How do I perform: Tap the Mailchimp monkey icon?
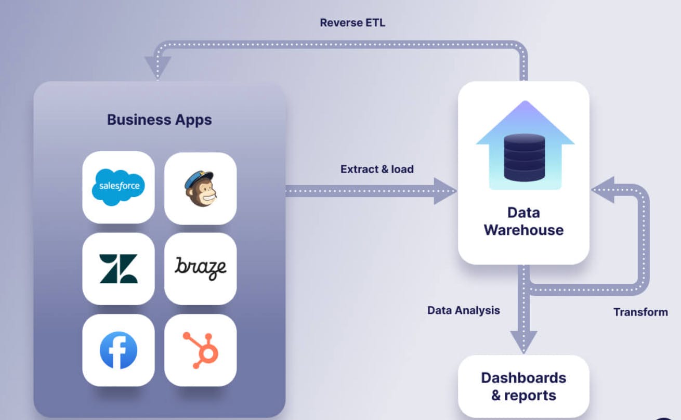[201, 188]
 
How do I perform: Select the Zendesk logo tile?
[119, 268]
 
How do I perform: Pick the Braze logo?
[201, 268]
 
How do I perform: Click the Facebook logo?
[119, 350]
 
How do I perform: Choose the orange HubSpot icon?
[201, 350]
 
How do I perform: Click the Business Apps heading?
[159, 120]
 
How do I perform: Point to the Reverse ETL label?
[352, 23]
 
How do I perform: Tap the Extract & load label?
[377, 169]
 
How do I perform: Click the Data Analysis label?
[463, 310]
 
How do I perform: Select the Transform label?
[640, 312]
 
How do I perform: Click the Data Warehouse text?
[523, 221]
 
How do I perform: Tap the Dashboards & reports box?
[523, 386]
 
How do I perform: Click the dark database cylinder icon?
[525, 157]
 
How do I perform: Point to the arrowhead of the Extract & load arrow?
[445, 191]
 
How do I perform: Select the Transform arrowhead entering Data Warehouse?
[603, 190]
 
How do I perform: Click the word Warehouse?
[523, 230]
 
